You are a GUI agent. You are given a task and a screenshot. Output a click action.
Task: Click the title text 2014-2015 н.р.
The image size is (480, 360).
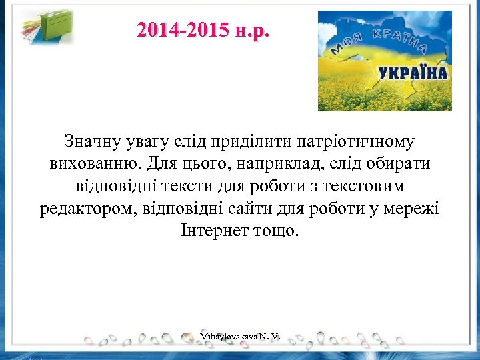[x=203, y=31]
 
